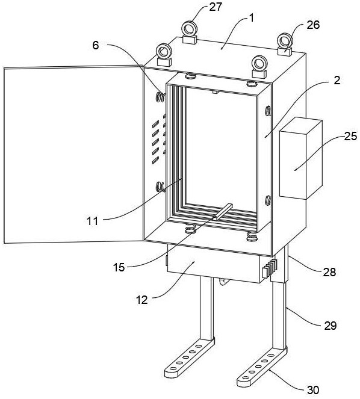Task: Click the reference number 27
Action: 216,7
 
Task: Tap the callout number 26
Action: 313,25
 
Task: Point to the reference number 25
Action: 350,137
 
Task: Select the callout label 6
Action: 96,45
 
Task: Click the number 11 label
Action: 93,221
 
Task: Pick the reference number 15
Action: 119,267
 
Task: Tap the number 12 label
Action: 142,300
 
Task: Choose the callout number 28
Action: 329,272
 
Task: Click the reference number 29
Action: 331,326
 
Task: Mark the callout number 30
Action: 313,390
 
